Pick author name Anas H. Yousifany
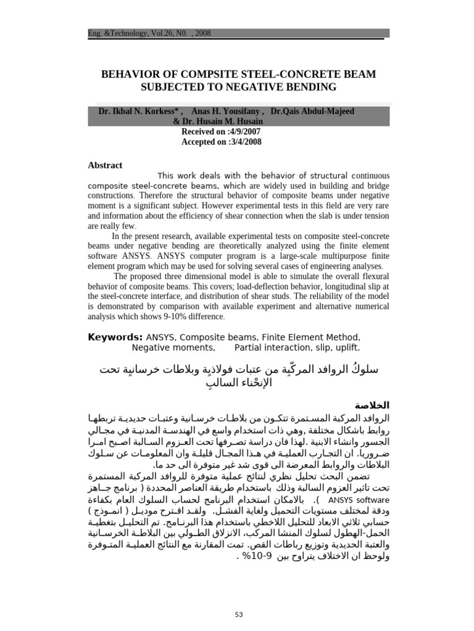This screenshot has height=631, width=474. point(227,112)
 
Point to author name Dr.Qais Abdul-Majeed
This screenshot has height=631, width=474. point(313,112)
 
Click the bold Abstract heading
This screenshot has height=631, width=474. point(106,165)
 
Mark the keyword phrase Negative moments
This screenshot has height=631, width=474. point(173,348)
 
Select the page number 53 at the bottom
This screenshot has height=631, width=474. point(238,614)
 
